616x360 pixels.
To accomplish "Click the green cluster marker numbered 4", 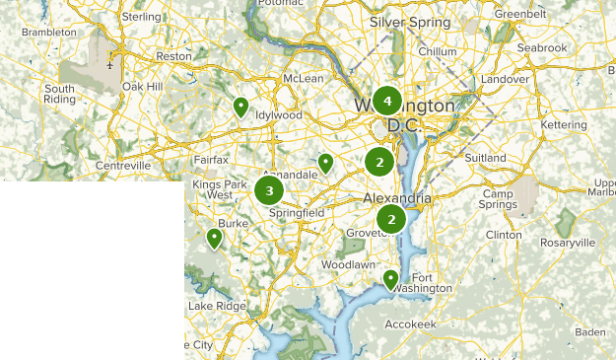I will click(x=387, y=101).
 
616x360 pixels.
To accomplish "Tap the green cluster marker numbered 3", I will click(x=269, y=190).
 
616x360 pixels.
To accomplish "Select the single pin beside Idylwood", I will click(x=240, y=107).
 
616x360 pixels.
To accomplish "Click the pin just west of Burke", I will click(x=214, y=238).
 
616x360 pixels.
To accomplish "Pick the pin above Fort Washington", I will click(x=390, y=280).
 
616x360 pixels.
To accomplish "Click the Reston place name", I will click(x=173, y=57).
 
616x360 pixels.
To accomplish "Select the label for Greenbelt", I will click(x=519, y=15).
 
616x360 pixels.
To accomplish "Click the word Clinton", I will click(x=504, y=236).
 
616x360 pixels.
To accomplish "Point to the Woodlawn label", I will click(x=347, y=265).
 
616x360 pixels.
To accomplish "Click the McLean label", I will click(x=303, y=78).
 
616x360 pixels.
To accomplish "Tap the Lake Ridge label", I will click(x=216, y=306).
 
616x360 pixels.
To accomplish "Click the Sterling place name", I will click(x=140, y=18).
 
